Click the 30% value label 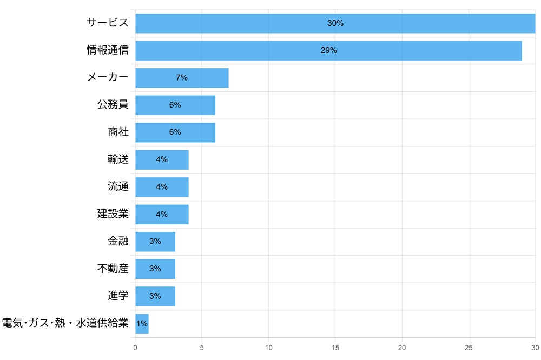pos(335,23)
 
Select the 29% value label pos(328,50)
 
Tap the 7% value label pos(182,78)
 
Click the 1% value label pos(142,323)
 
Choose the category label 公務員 pos(113,105)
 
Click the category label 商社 pos(118,132)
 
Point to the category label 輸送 pos(118,159)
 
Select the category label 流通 pos(118,186)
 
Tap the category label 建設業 pos(113,214)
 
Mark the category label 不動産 pos(113,269)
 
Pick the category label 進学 pos(118,296)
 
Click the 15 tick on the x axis pos(335,348)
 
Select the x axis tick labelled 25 pos(469,348)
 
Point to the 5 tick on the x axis pos(202,348)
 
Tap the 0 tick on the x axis pos(135,348)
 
